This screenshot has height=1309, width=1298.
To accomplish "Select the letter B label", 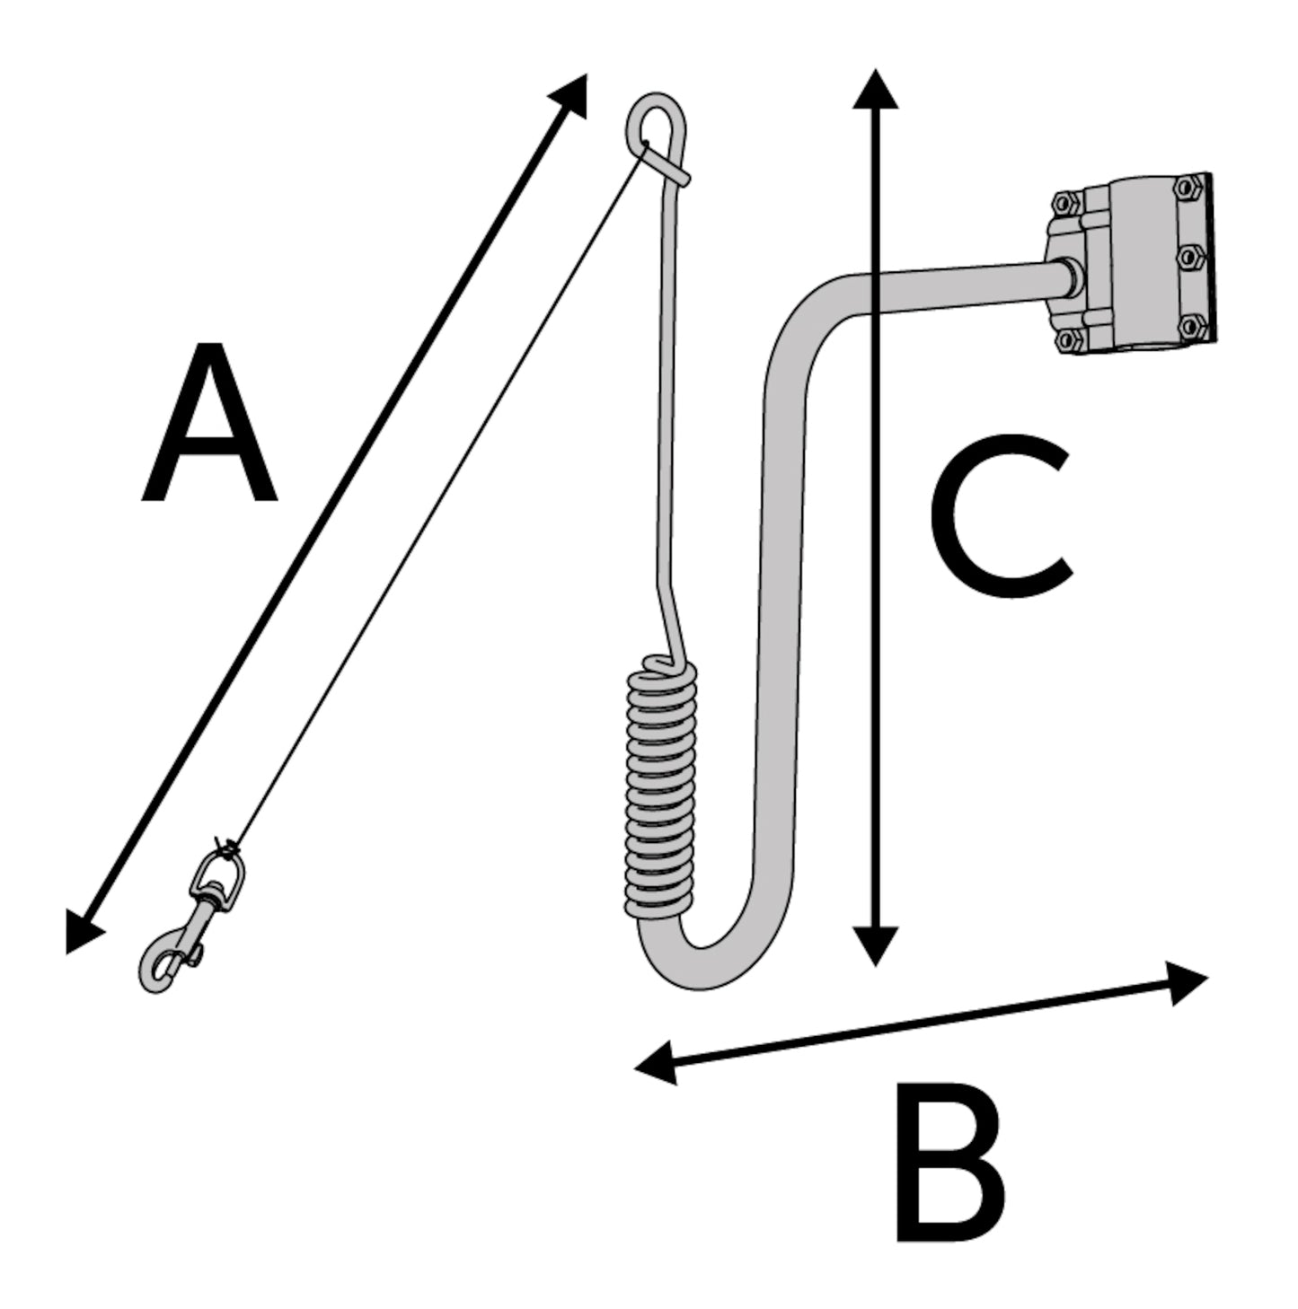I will point(950,1164).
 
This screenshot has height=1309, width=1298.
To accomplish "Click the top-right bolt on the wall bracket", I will point(1188,188).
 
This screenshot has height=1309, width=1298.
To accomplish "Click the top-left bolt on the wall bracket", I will point(1064,200).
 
